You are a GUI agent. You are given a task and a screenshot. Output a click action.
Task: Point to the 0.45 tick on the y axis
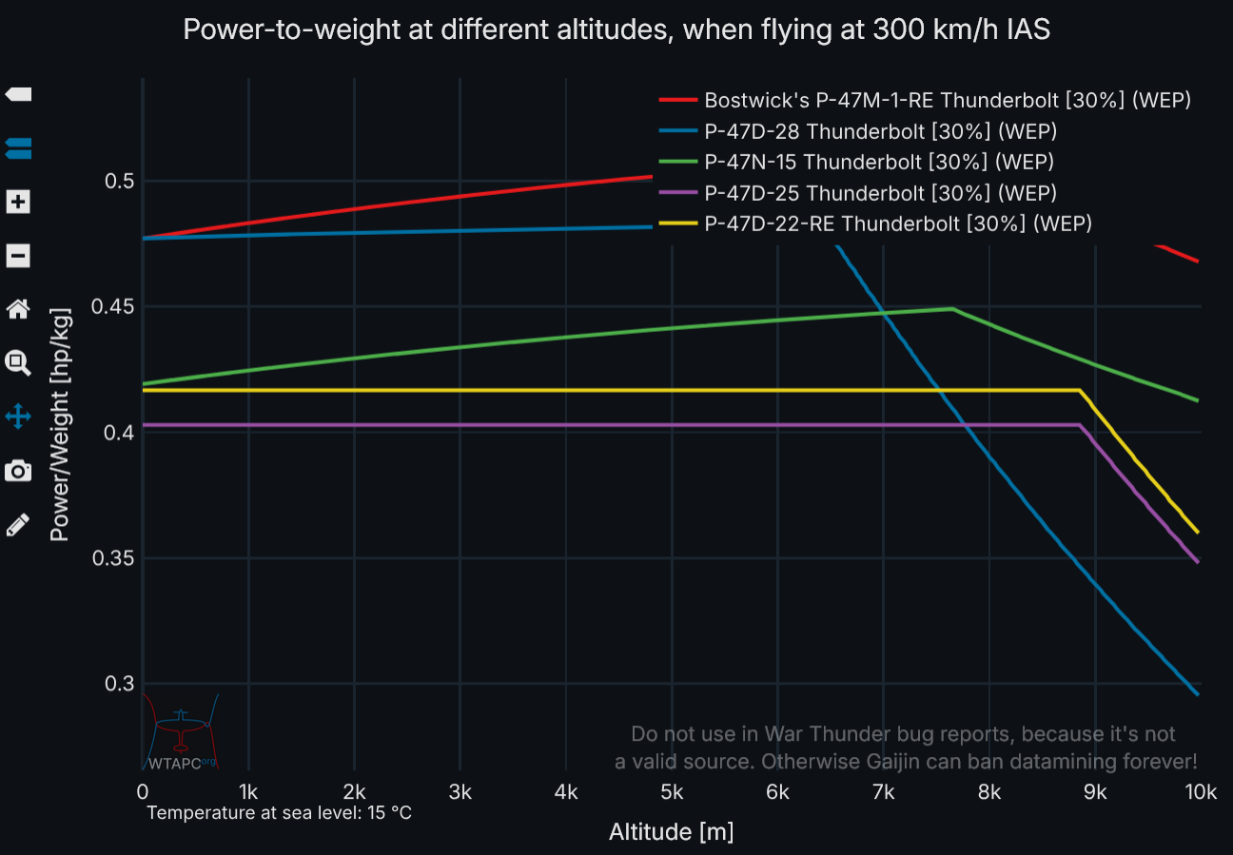pos(110,307)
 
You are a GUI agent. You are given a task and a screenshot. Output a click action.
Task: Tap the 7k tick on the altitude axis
pos(883,791)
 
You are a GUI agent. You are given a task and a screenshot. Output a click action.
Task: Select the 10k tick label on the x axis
pos(1200,791)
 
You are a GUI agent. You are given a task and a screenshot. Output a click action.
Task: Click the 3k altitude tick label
pos(460,791)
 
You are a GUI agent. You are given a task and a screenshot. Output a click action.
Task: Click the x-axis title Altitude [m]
pos(671,832)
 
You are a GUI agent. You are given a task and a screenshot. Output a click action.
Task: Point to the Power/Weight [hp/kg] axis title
pos(60,424)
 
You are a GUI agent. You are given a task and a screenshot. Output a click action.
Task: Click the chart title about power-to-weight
pos(616,29)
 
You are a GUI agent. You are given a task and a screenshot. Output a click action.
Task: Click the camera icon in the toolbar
pos(18,471)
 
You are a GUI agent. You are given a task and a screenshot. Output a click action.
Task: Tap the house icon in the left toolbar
pos(18,308)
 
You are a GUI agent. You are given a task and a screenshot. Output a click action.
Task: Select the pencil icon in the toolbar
pos(18,524)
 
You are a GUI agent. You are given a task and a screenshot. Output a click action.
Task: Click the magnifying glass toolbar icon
pos(18,361)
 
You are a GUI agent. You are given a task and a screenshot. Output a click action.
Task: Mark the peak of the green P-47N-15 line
pos(952,308)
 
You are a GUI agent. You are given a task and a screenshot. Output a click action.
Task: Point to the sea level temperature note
pos(279,813)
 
